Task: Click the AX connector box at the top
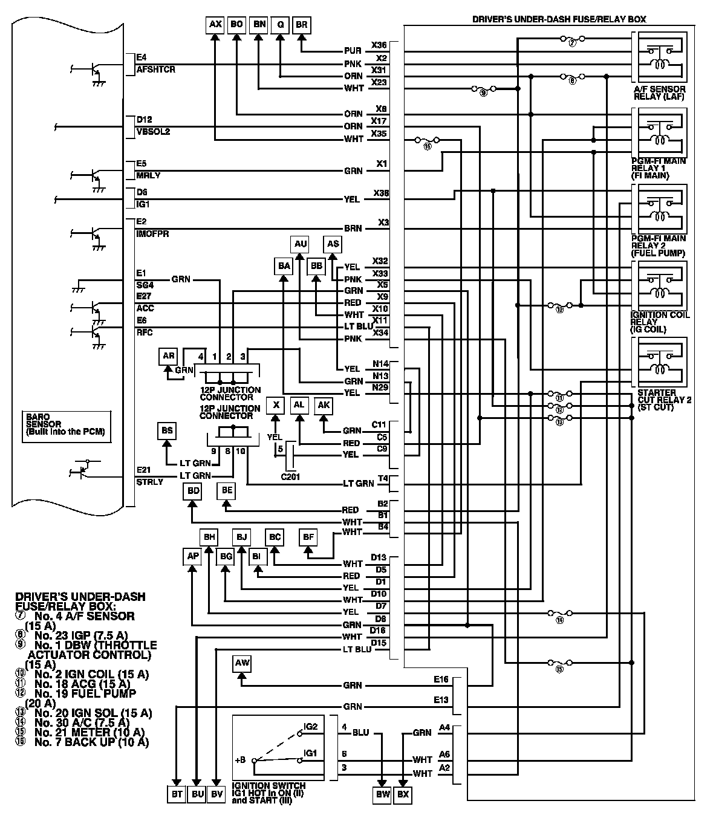[x=215, y=25]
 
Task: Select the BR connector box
[x=301, y=25]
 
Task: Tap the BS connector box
[x=167, y=431]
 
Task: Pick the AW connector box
[x=242, y=664]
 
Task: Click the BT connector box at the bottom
[x=176, y=794]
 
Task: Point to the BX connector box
[x=403, y=794]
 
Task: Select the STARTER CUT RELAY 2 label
[x=664, y=400]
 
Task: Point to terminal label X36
[x=379, y=45]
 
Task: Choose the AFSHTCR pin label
[x=155, y=70]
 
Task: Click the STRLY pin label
[x=150, y=482]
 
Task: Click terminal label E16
[x=441, y=680]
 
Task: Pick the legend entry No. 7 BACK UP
[x=91, y=742]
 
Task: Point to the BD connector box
[x=194, y=491]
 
